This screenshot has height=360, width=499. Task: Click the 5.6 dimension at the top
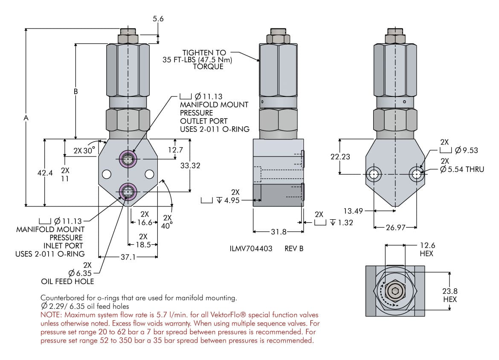click(x=158, y=19)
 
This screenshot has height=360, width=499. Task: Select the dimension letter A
click(x=26, y=117)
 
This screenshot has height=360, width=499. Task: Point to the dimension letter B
click(x=76, y=91)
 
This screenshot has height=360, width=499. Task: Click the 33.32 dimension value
click(x=190, y=165)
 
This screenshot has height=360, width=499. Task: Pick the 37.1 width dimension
click(x=128, y=257)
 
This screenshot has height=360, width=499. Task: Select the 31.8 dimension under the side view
click(x=279, y=232)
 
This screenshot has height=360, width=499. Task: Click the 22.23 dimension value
click(x=340, y=157)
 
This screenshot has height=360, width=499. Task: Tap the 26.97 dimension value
click(x=395, y=227)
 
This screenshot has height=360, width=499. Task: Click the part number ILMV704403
click(x=251, y=248)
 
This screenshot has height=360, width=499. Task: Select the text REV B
click(x=294, y=248)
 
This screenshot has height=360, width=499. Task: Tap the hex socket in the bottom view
click(x=395, y=292)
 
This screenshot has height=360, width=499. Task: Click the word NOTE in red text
click(x=50, y=315)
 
